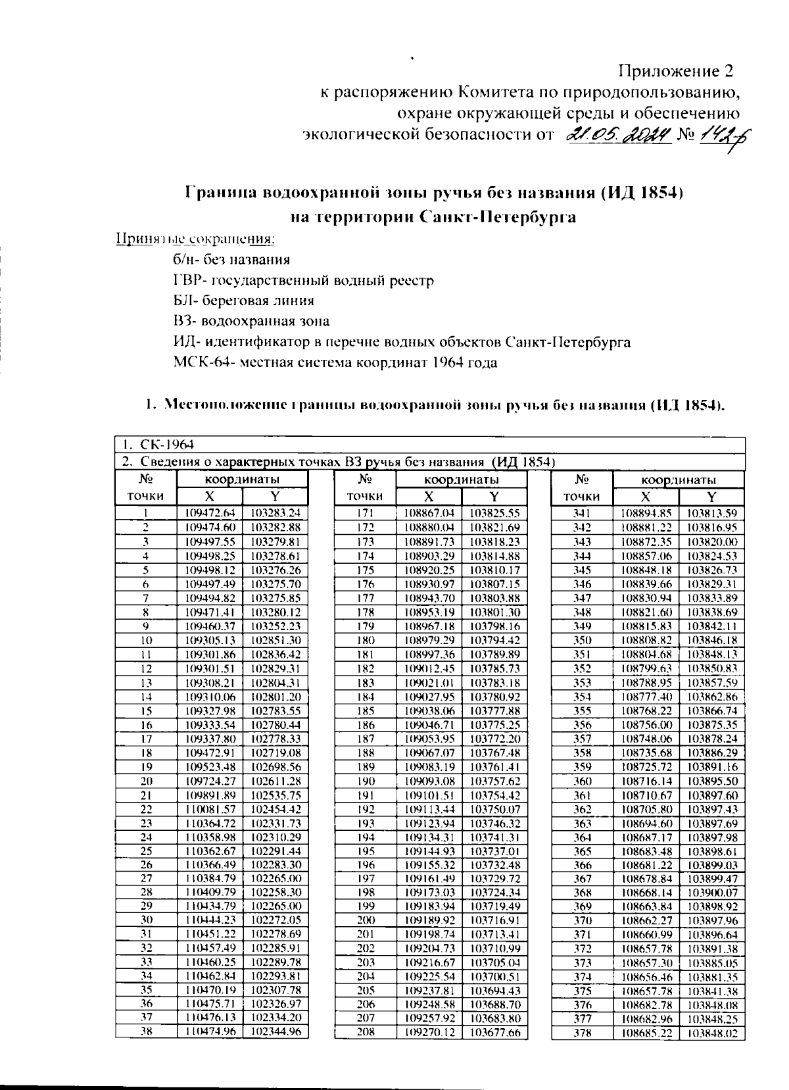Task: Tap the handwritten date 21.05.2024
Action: pos(619,135)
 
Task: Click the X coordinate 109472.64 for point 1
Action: pos(210,513)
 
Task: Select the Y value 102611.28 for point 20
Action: pos(275,781)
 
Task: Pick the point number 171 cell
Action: pos(365,513)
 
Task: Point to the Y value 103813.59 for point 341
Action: pos(711,513)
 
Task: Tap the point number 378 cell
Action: pos(583,1033)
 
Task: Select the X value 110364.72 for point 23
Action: pos(210,823)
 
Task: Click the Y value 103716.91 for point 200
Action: pos(495,920)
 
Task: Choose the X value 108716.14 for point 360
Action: pos(646,781)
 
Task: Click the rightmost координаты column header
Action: pos(679,480)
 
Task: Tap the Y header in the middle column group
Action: pos(494,497)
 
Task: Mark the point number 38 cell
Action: pos(147,1033)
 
